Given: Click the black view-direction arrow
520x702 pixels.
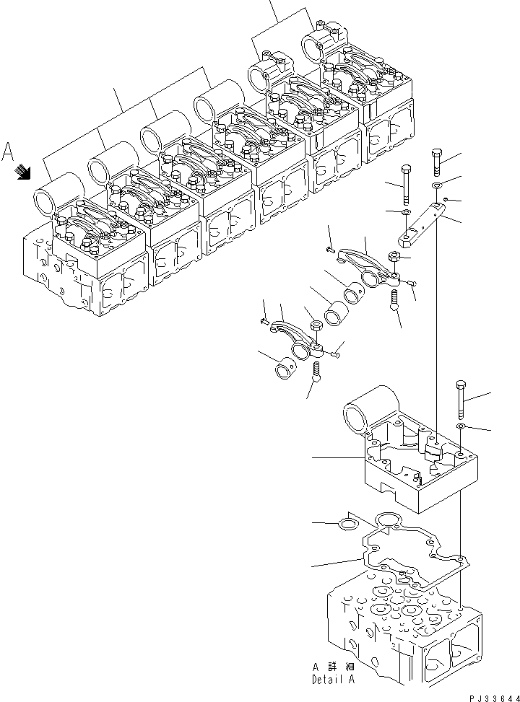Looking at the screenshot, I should click(x=24, y=171).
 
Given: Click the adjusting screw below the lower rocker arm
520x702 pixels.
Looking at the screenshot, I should click(x=318, y=372).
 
